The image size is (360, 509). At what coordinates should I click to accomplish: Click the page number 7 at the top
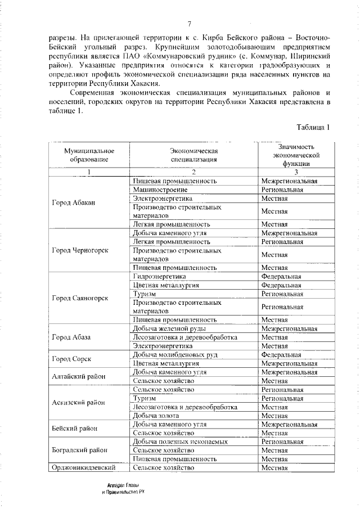pos(189,23)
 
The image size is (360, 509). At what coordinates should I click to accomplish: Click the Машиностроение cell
pos(157,190)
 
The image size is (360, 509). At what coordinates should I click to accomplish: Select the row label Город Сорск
pos(71,359)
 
